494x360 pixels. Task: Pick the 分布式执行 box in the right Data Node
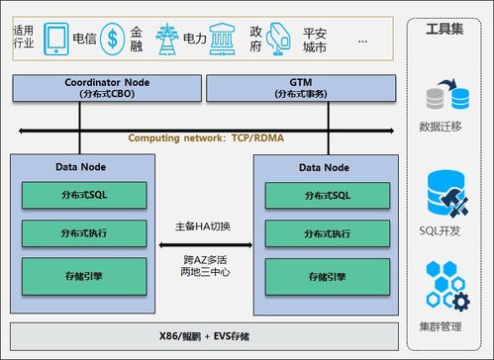click(327, 233)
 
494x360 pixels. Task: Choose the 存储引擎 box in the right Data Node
click(327, 274)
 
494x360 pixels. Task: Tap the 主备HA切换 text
click(210, 225)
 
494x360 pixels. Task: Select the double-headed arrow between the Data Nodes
click(210, 241)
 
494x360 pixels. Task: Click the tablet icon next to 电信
click(57, 41)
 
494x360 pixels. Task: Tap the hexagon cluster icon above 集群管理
click(446, 286)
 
